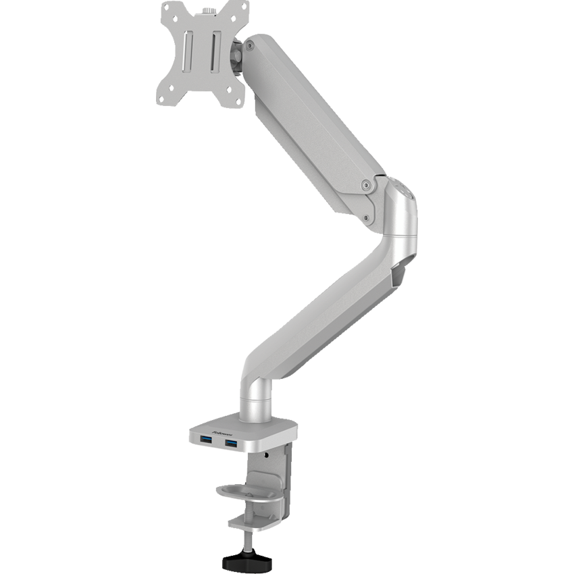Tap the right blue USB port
(232, 443)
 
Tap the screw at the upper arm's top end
(251, 47)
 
